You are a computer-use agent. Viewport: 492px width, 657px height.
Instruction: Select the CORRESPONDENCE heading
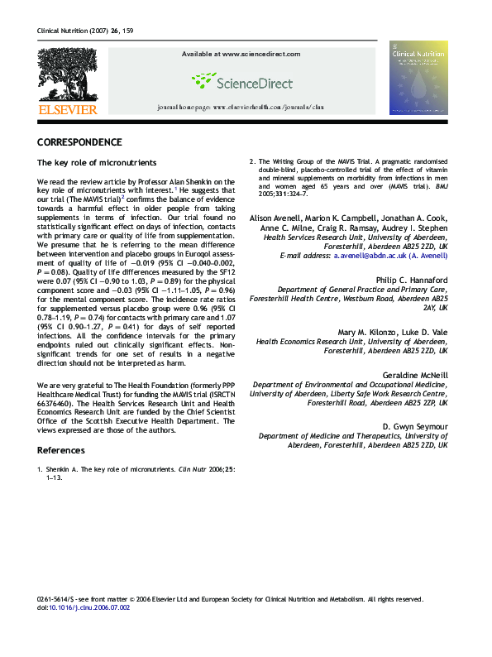click(x=79, y=142)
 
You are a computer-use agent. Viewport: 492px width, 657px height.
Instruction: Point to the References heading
click(x=60, y=450)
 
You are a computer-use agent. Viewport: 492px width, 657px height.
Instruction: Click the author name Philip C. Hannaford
click(x=411, y=279)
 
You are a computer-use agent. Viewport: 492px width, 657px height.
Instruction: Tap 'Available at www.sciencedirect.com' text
click(x=241, y=54)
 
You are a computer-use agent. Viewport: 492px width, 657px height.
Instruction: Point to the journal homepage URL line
click(x=241, y=108)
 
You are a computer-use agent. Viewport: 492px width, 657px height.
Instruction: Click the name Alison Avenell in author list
click(x=275, y=217)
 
